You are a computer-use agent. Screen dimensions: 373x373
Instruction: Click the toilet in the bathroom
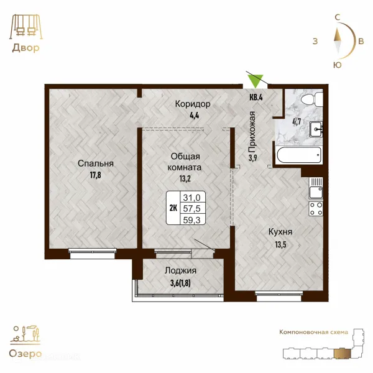312,99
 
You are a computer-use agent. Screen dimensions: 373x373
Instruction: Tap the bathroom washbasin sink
316,129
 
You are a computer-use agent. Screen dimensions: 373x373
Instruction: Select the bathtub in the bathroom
299,155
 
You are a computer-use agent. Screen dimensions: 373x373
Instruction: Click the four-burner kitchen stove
316,209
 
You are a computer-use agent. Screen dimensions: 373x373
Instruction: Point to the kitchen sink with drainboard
316,188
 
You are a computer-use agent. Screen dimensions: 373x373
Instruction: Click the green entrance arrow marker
256,81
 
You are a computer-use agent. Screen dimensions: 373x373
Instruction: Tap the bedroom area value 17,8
95,175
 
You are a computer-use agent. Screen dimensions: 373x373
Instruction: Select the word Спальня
96,163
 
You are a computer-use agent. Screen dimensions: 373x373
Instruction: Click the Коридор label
193,104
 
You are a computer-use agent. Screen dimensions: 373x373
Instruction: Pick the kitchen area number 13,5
281,244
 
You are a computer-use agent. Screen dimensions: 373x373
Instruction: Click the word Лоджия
180,270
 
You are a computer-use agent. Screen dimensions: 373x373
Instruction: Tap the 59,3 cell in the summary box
191,220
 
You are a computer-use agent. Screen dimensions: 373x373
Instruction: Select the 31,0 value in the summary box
191,198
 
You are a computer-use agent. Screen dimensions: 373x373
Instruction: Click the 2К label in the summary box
173,208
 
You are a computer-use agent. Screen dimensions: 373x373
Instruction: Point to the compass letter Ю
338,65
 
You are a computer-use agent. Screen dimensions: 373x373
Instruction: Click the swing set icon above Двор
26,27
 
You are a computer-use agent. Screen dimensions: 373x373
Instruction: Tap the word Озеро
25,354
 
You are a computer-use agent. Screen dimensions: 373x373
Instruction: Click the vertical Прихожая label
252,132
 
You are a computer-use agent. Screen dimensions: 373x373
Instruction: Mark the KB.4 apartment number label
256,97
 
